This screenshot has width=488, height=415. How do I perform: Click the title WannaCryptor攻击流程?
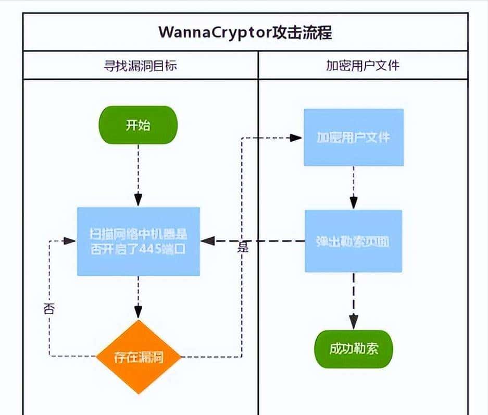coord(245,32)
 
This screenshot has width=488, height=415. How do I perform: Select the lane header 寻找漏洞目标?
coord(141,66)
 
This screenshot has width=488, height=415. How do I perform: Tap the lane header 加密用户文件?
coord(363,66)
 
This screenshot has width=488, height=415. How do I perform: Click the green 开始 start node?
coord(139,125)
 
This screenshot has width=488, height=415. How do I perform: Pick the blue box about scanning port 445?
coord(139,241)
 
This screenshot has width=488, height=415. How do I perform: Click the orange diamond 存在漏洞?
coord(139,357)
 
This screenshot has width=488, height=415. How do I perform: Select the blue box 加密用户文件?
coord(354,138)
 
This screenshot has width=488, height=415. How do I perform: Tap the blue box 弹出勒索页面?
coord(354,241)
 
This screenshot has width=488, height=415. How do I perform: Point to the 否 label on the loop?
coord(49,309)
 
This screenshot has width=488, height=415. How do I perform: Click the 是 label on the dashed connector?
coord(243,247)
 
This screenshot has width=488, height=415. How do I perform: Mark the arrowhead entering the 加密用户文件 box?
coord(297,138)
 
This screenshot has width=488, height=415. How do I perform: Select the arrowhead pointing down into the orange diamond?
coord(139,312)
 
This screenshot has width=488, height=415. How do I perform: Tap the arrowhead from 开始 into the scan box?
coord(139,200)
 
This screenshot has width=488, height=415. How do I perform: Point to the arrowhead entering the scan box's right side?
coord(208,241)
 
